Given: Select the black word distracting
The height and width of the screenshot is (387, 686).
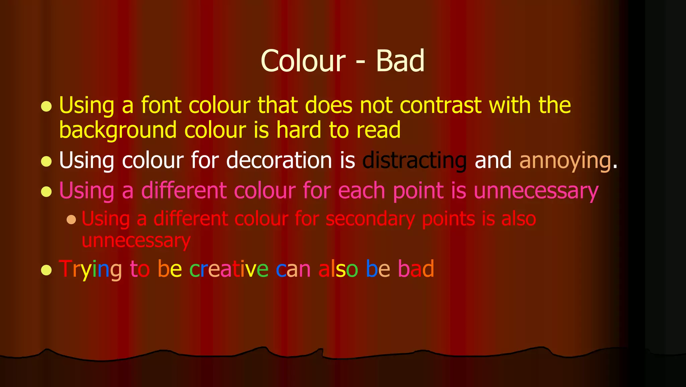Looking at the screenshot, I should [x=414, y=160].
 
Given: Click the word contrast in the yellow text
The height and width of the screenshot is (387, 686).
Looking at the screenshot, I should [x=440, y=105].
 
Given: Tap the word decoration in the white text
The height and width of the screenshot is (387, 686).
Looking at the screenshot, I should [x=279, y=160].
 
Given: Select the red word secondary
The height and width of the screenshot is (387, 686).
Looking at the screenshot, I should [x=370, y=219].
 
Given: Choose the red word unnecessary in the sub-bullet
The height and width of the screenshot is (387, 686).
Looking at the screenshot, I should [x=136, y=241].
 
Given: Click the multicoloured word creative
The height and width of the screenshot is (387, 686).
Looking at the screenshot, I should [x=229, y=269].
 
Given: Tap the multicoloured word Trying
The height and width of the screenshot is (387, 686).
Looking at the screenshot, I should [x=90, y=269].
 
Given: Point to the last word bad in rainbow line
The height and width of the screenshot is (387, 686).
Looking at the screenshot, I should [x=416, y=269].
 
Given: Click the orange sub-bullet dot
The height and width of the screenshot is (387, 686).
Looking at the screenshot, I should [x=71, y=219].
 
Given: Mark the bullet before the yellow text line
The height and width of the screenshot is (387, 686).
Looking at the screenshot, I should [x=46, y=107].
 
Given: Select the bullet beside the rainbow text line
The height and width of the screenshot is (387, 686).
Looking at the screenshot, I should [x=46, y=270].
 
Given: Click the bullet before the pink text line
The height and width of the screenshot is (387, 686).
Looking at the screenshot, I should [x=46, y=192].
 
